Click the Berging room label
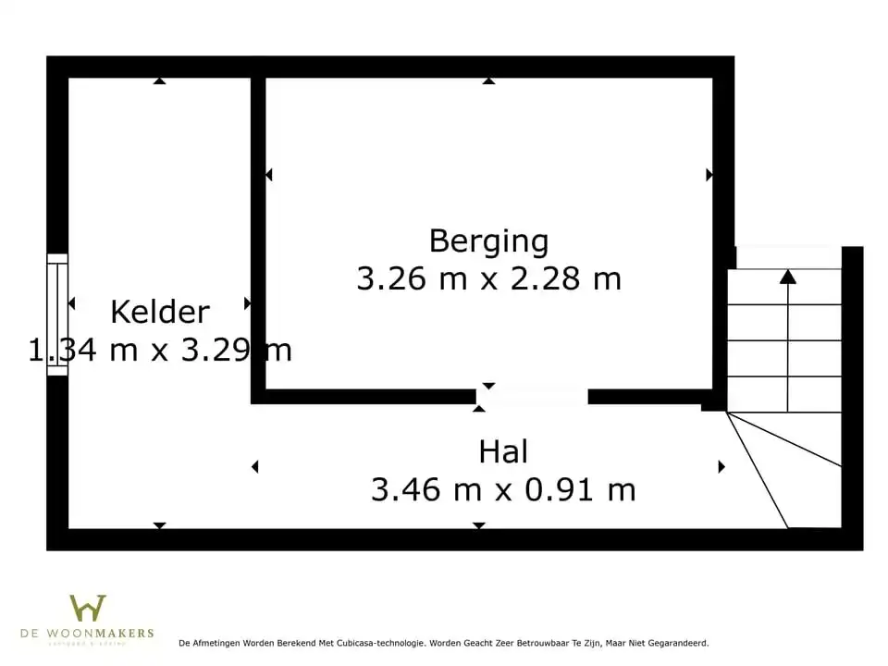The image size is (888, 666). point(488,241)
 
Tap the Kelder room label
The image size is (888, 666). point(160,313)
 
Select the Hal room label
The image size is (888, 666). point(503,452)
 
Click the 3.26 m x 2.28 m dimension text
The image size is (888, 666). point(488,278)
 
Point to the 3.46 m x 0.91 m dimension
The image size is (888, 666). point(503,489)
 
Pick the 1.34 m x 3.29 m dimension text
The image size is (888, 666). point(160,351)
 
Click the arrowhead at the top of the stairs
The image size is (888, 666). point(787,276)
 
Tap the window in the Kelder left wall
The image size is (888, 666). point(57,314)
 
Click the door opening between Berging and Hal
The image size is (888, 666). point(532,397)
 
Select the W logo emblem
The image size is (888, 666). point(88,609)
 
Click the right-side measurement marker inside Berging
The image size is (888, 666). point(709,175)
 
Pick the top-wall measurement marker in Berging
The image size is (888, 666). point(488,81)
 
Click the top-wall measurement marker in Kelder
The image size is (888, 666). point(159,81)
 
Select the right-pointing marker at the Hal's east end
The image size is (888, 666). point(721,467)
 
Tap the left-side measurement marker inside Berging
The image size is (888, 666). point(269,175)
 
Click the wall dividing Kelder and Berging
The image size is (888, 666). point(258,231)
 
